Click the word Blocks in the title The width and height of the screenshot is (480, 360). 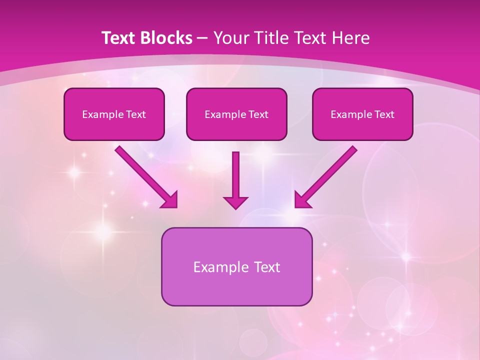[164, 38]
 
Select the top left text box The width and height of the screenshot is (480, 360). [114, 114]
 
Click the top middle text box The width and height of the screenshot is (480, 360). [236, 114]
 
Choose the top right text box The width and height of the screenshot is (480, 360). [362, 114]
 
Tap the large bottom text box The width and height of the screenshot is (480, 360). [236, 266]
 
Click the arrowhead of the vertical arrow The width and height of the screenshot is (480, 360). [235, 202]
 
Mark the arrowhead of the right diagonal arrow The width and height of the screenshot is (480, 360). [302, 199]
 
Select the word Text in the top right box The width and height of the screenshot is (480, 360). [384, 114]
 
